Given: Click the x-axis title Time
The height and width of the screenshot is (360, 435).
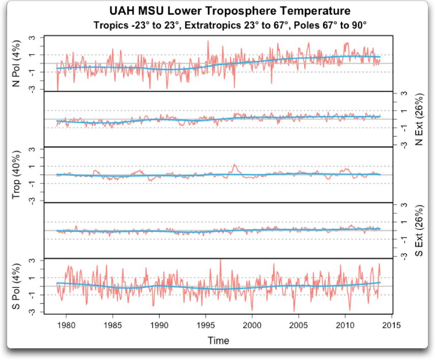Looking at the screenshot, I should coord(218,340).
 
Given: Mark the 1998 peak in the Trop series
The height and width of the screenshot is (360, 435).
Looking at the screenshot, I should coord(234,165).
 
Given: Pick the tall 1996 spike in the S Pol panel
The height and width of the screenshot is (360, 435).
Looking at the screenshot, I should coord(220,260).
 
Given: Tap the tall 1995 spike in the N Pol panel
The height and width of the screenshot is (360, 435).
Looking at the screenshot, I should coord(208,41).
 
